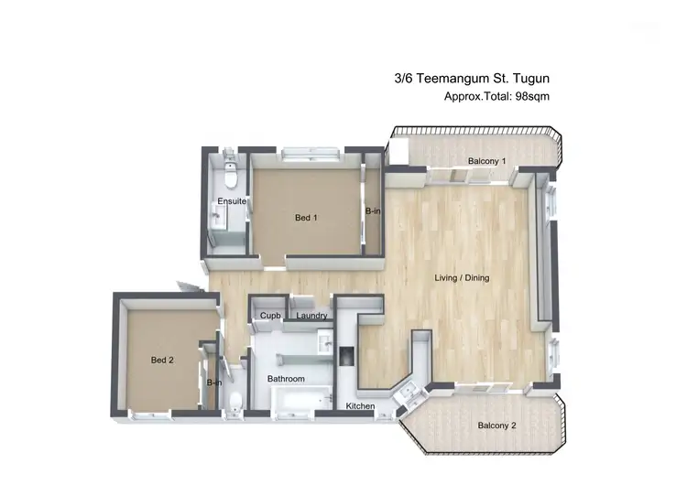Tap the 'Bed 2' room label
point(162,361)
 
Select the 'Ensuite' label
point(229,201)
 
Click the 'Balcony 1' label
point(486,162)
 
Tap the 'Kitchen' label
point(361,405)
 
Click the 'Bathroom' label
point(286,379)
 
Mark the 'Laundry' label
point(312,316)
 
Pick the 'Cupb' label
point(269,316)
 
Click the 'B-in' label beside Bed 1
point(373,211)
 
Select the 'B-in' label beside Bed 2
point(213,383)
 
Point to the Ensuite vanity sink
point(218,217)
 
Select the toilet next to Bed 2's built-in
point(234,400)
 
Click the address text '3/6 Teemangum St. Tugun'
point(469,80)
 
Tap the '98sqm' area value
point(530,96)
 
